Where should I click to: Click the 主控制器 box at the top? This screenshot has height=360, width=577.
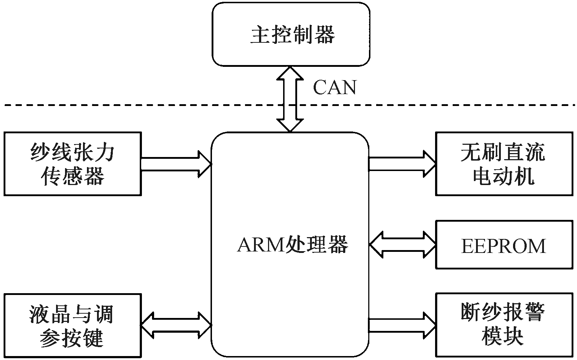coord(291,34)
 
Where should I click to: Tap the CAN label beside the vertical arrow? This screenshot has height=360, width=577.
coord(334,87)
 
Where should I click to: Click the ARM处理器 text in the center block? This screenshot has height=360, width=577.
coord(292,245)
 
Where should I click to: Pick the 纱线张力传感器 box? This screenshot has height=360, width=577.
coord(73,164)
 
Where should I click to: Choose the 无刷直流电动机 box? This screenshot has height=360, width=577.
coord(504,164)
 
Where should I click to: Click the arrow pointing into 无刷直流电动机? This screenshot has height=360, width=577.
coord(402,164)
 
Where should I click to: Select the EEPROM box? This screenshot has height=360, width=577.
coord(504,245)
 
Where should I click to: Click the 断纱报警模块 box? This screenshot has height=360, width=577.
coord(504,325)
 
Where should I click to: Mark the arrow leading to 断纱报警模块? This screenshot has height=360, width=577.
coord(402,325)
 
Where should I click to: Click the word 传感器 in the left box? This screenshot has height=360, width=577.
coord(73,176)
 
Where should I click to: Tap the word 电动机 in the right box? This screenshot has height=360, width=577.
coord(504,176)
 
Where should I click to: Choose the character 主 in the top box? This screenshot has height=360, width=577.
coord(260,35)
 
